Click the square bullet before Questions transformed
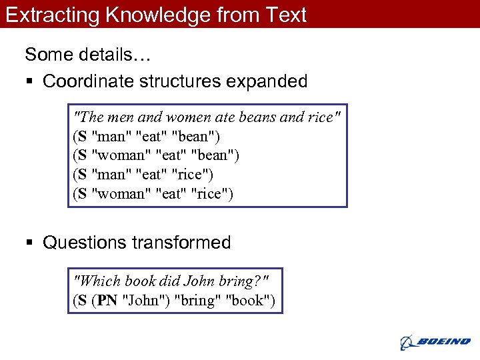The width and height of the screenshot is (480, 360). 29,243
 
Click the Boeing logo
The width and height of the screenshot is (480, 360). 435,341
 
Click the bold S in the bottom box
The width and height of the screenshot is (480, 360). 81,301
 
